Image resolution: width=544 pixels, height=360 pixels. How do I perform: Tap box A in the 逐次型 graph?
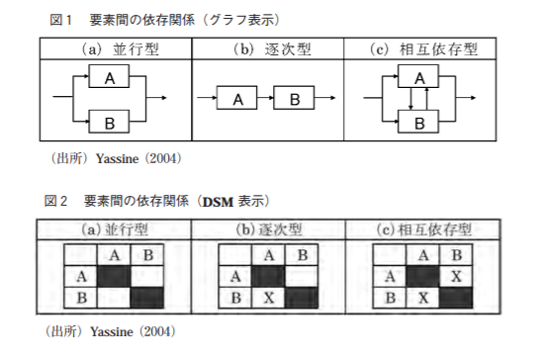[237, 99]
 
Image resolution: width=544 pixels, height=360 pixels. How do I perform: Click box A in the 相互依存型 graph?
[419, 76]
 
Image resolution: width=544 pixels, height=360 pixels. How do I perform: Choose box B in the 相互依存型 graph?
[419, 122]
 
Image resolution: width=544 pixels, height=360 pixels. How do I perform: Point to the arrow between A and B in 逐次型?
[266, 99]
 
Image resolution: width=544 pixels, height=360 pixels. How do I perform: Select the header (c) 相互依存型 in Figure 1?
[420, 47]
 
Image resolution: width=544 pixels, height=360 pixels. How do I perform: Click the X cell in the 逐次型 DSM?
[268, 296]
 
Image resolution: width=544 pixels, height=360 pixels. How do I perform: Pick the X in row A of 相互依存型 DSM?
[454, 275]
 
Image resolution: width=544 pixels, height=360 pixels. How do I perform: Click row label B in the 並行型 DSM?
[82, 296]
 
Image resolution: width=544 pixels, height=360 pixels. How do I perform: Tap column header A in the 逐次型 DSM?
[268, 255]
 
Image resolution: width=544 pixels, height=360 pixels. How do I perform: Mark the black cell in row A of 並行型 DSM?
[114, 275]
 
